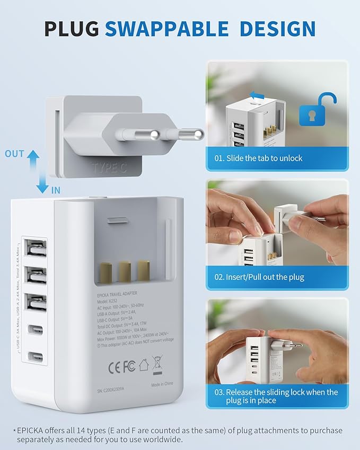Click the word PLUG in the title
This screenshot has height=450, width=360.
[x=72, y=28]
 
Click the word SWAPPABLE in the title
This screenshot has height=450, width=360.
[x=167, y=28]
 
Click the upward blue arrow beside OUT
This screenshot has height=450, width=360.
[x=33, y=158]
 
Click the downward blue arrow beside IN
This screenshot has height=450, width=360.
[x=42, y=185]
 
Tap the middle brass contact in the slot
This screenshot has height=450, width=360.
[x=125, y=271]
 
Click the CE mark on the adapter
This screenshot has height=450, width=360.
[x=116, y=366]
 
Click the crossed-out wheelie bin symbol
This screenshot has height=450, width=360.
[x=157, y=365]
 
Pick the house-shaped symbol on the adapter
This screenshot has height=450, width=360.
[x=143, y=365]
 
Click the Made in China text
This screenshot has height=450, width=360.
[x=163, y=385]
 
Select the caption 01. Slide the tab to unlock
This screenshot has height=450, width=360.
[x=258, y=158]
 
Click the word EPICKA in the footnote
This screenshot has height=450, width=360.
[x=30, y=430]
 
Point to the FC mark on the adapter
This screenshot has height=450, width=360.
[x=129, y=366]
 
